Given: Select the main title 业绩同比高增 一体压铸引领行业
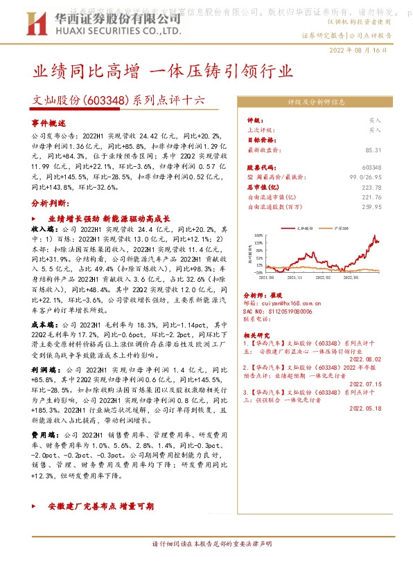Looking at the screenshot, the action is pos(163,71).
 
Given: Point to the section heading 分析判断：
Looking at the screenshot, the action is pos(51,205).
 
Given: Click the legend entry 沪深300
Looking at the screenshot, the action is pos(342,227).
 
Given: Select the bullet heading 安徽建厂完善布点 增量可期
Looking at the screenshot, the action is pos(100,507).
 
